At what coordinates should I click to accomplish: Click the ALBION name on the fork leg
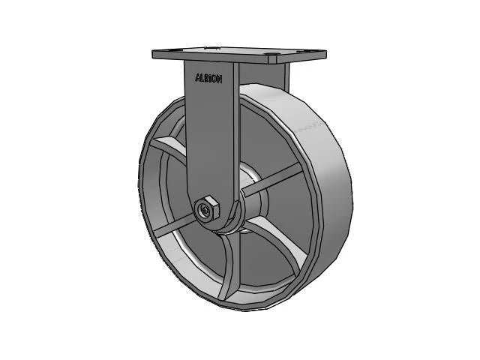coord(208,77)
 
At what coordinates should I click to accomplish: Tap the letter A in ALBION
coord(197,77)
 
